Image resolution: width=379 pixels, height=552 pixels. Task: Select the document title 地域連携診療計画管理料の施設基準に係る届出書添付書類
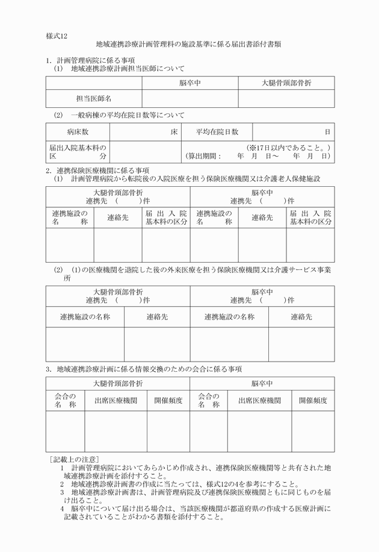click(189, 45)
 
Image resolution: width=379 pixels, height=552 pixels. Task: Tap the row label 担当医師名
click(94, 98)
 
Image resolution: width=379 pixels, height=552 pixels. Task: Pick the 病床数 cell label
click(78, 131)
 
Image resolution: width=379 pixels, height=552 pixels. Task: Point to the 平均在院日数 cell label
click(217, 131)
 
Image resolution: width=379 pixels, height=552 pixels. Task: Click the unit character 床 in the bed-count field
click(174, 131)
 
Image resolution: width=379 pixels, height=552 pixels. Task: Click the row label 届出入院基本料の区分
click(78, 151)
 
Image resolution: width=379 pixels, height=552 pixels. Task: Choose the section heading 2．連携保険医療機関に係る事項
click(97, 171)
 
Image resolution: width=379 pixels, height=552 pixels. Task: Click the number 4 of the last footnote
click(62, 509)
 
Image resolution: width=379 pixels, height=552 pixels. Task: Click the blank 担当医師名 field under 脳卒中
click(190, 98)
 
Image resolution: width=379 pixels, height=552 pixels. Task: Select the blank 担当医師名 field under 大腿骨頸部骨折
click(286, 98)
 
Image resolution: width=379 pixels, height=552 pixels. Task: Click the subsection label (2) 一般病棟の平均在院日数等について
click(119, 114)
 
